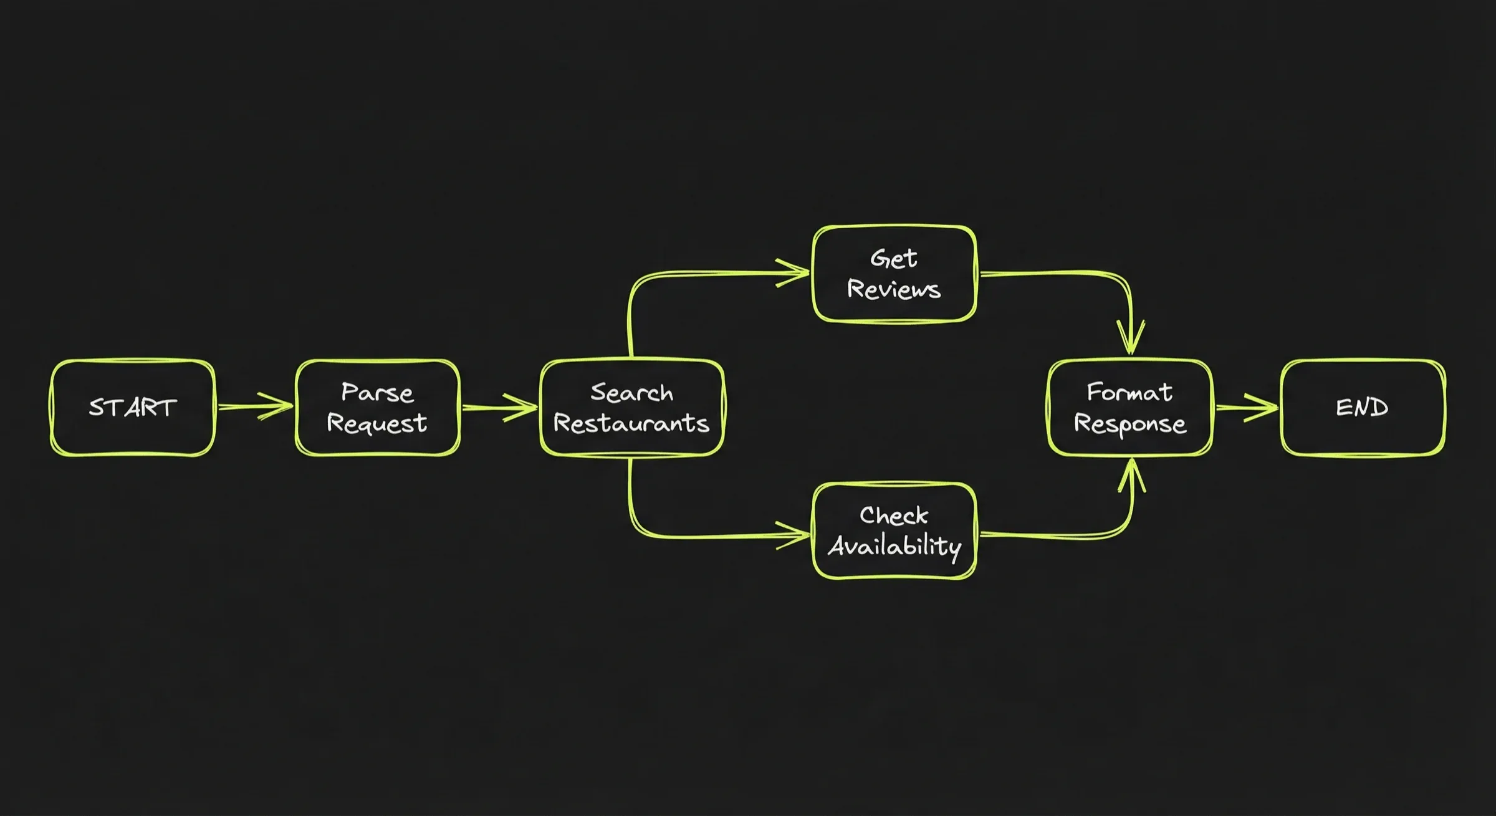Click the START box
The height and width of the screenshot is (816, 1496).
click(132, 408)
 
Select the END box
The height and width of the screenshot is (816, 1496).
click(1363, 408)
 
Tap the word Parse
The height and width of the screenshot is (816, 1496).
click(377, 393)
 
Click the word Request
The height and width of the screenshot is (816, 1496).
click(377, 424)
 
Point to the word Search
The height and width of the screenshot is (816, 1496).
click(631, 393)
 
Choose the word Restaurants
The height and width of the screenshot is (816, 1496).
click(631, 424)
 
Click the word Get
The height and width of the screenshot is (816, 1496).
click(893, 258)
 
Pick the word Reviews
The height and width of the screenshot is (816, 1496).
click(893, 289)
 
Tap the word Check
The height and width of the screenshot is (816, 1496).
click(893, 516)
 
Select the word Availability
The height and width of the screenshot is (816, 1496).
click(894, 547)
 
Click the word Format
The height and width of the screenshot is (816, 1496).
click(1129, 392)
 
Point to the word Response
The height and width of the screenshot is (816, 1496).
click(1129, 424)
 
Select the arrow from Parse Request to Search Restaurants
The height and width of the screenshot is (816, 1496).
click(499, 408)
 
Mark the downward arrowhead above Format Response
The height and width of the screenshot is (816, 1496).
click(1131, 340)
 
